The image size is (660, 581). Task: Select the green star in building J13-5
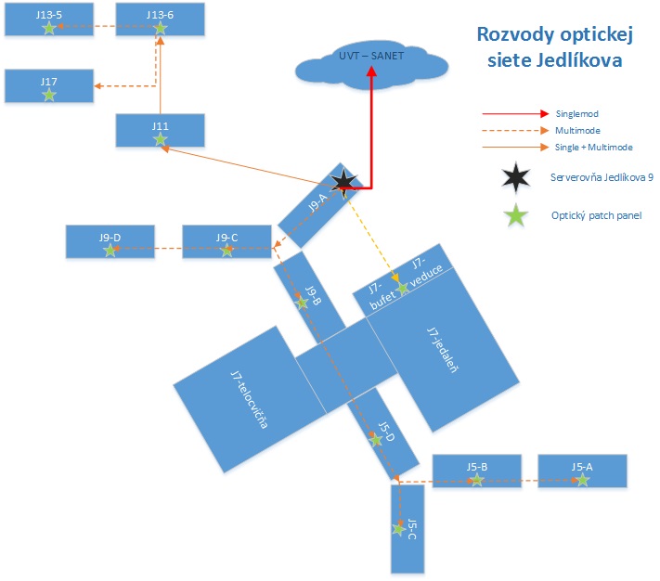[49, 28]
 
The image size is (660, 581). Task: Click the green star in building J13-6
[160, 28]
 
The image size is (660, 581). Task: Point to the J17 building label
[49, 82]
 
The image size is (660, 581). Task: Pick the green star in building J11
[160, 139]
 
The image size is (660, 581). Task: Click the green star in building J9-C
[227, 249]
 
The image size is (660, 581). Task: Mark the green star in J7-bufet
[403, 288]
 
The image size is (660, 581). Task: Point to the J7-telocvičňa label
[249, 399]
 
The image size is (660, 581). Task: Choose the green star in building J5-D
[376, 439]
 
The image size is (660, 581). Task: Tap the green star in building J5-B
[476, 480]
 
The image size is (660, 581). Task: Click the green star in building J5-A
[582, 480]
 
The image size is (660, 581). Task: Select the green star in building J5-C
[399, 528]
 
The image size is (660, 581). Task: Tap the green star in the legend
[515, 215]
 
